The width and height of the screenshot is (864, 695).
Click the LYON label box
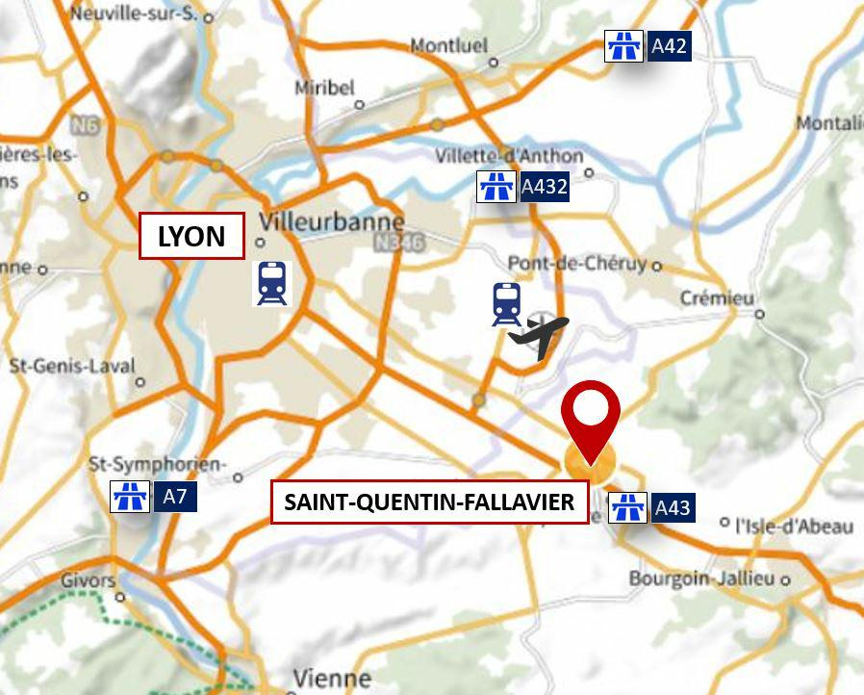191,237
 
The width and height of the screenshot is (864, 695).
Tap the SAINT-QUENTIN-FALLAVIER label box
429,502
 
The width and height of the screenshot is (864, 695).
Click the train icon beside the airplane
506,303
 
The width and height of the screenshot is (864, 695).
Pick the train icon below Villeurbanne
271,283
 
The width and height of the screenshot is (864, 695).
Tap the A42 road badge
670,45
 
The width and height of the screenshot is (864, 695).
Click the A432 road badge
544,186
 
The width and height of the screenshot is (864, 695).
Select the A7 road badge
174,497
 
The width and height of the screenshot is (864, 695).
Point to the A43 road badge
672,507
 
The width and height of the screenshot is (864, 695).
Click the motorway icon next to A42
623,45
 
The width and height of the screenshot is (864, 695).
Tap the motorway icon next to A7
130,496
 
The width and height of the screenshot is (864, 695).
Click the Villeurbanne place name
332,220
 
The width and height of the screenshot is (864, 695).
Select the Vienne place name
332,679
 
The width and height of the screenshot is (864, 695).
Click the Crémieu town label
717,298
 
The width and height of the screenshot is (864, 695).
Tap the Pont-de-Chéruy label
577,264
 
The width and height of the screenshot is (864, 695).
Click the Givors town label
88,581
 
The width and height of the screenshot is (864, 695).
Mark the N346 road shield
398,244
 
